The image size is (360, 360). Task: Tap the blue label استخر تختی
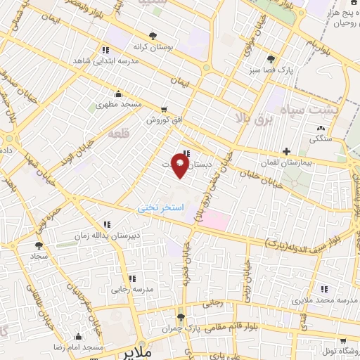(x=160, y=208)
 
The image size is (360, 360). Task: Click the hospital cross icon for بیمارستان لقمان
(x=285, y=151)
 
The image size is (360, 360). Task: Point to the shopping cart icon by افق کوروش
(x=165, y=110)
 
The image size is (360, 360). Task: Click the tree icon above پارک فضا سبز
(x=271, y=58)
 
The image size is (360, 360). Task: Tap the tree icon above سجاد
(x=39, y=246)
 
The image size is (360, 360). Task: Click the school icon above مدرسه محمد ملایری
(x=324, y=289)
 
